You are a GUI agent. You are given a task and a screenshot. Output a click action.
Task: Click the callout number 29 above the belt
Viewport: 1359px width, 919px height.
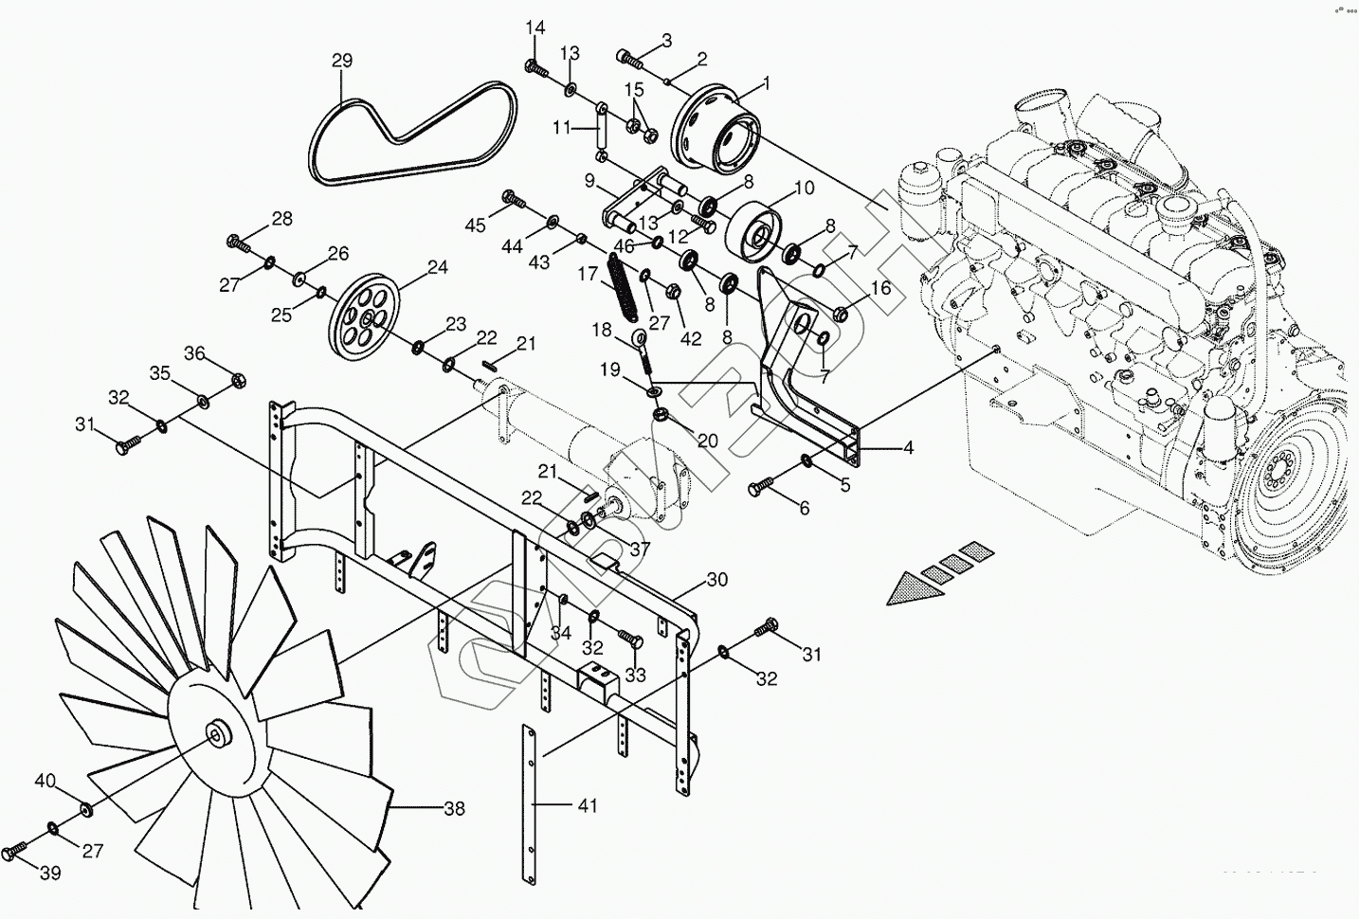click(x=342, y=61)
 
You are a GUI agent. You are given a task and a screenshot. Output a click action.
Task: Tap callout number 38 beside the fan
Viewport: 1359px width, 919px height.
click(x=455, y=808)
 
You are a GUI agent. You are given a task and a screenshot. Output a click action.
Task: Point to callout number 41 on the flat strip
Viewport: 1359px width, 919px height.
click(x=588, y=806)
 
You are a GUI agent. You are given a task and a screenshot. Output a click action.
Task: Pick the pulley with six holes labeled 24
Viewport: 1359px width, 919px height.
click(x=365, y=316)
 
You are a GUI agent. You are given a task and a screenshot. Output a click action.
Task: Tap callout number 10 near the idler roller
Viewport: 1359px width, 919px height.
click(x=803, y=188)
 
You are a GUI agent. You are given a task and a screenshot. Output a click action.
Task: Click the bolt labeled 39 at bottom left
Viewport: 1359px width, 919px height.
click(x=16, y=852)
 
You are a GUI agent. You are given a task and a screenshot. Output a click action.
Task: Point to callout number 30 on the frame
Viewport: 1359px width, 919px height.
click(x=717, y=579)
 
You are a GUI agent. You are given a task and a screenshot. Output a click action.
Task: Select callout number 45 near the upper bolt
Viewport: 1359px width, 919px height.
click(x=476, y=225)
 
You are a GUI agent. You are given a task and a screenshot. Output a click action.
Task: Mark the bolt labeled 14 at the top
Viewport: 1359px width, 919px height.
click(x=535, y=67)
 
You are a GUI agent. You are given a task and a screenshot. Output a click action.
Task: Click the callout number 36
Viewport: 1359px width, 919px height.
click(x=194, y=353)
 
